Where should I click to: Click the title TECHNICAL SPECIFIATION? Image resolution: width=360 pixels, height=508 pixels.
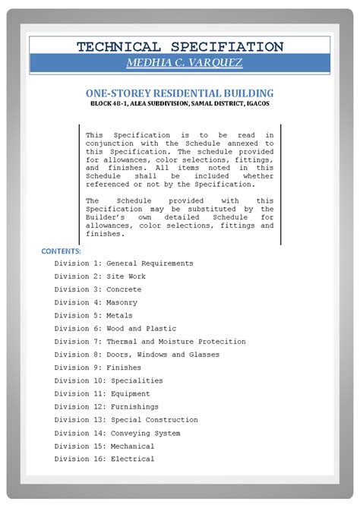pyautogui.click(x=179, y=46)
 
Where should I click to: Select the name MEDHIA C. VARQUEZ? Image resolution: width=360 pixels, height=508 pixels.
pyautogui.click(x=179, y=63)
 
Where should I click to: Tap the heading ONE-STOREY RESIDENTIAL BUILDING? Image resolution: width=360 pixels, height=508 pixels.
pyautogui.click(x=179, y=92)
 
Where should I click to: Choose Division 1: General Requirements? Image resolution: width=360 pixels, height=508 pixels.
pyautogui.click(x=124, y=263)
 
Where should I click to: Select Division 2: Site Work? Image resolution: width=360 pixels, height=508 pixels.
pyautogui.click(x=99, y=276)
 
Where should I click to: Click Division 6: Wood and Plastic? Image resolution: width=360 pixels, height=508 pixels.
pyautogui.click(x=115, y=328)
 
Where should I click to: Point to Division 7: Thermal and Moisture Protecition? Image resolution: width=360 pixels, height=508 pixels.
pyautogui.click(x=150, y=342)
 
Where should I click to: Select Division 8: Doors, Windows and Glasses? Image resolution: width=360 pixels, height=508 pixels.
pyautogui.click(x=137, y=355)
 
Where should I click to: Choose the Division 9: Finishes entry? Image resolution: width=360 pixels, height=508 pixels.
pyautogui.click(x=97, y=368)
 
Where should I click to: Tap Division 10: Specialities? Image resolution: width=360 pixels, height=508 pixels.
pyautogui.click(x=109, y=380)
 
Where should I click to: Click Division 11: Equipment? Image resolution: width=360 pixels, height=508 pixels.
pyautogui.click(x=104, y=393)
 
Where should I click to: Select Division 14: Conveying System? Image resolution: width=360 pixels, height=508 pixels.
pyautogui.click(x=117, y=433)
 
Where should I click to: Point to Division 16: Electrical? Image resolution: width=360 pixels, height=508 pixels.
pyautogui.click(x=104, y=459)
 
